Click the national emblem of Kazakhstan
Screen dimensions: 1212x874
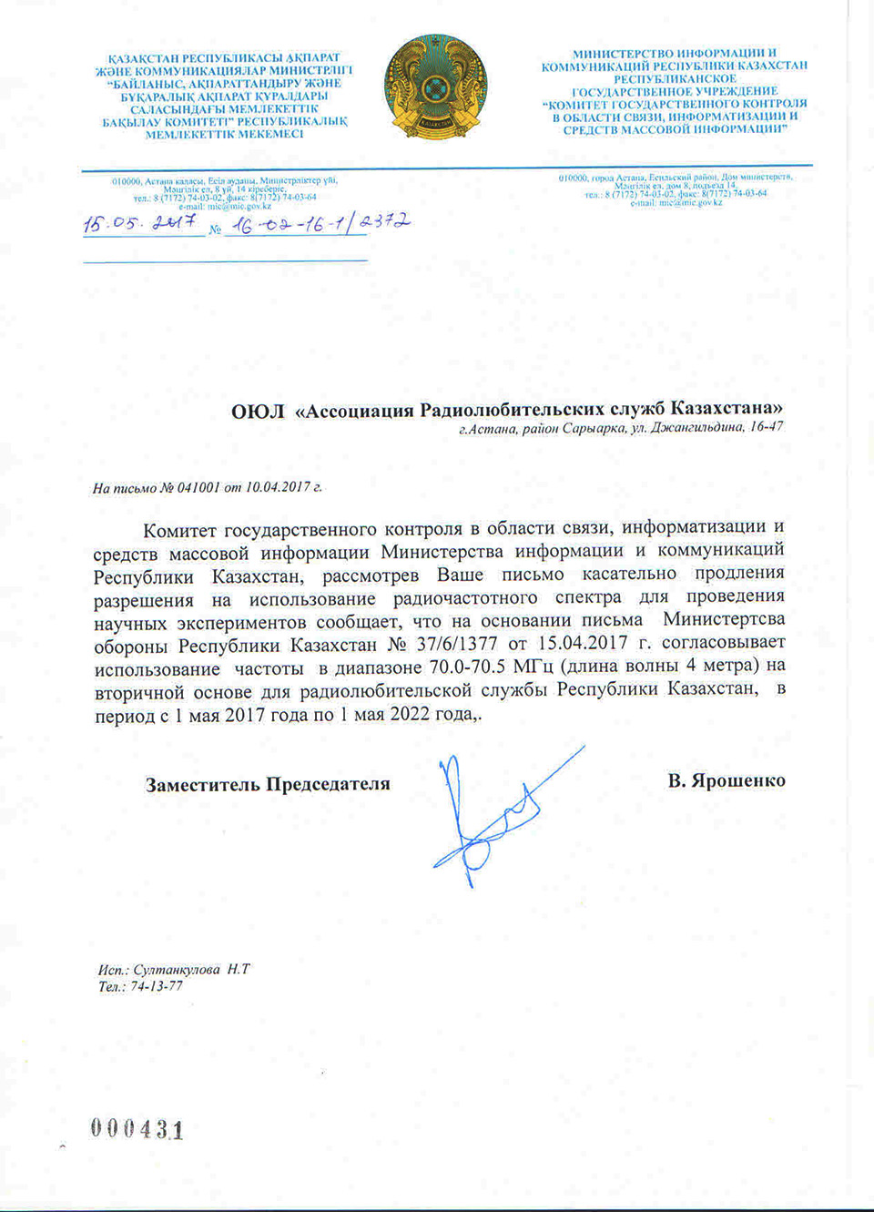(435, 87)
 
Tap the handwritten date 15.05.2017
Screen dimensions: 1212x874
(141, 222)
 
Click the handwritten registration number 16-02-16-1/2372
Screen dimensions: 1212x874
(319, 223)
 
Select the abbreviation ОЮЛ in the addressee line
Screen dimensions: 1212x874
(258, 411)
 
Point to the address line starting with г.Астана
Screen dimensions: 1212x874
(620, 428)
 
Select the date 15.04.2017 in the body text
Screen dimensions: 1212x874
(583, 645)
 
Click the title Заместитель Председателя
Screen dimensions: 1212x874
(268, 784)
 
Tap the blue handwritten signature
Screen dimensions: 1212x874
(492, 815)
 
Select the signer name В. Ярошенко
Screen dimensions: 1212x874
(726, 781)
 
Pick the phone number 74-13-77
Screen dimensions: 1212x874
(157, 987)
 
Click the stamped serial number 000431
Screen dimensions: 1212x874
(137, 1129)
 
